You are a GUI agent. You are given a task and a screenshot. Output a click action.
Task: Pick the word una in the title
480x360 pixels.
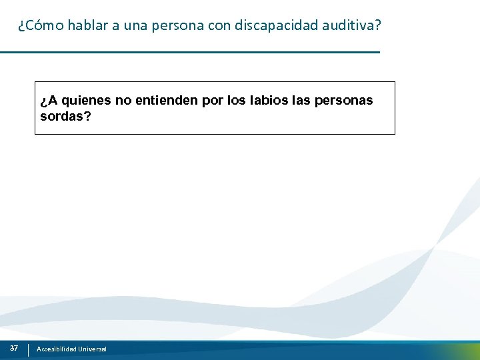pos(132,25)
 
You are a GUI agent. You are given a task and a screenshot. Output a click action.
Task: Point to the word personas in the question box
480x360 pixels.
pos(346,101)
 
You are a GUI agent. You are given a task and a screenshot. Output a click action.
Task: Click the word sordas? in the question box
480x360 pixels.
pos(65,116)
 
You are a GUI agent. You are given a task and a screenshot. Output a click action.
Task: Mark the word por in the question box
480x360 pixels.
pos(211,101)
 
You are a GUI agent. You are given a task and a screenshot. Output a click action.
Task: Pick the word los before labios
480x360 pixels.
pos(237,101)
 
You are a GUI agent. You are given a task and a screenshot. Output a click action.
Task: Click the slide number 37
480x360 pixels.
pos(14,348)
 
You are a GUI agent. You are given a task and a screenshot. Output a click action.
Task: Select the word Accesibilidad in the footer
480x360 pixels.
pos(57,349)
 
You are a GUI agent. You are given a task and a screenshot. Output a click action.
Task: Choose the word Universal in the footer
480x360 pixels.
pos(92,349)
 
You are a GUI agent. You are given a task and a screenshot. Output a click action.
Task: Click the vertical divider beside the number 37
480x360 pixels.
pos(28,349)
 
